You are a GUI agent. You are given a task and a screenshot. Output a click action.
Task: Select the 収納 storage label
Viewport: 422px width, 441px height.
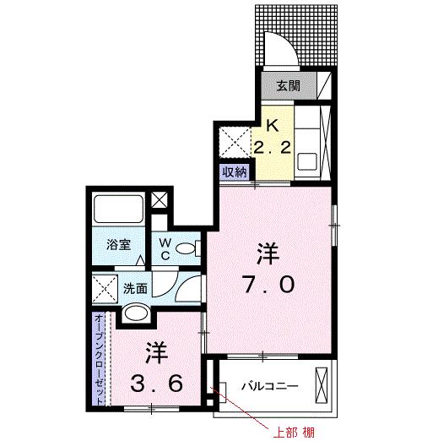pos(235,171)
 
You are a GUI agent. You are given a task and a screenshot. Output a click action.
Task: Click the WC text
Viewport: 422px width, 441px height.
pos(165,248)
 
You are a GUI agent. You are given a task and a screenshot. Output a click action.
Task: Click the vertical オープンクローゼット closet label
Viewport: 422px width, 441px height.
pos(100,358)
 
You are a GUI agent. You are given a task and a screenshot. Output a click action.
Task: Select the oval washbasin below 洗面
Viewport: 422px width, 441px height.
pos(135,315)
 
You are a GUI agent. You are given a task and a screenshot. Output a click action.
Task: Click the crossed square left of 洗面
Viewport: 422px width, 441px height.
pos(105,288)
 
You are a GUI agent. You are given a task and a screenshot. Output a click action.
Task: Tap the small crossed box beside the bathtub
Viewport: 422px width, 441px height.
pos(159,200)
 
